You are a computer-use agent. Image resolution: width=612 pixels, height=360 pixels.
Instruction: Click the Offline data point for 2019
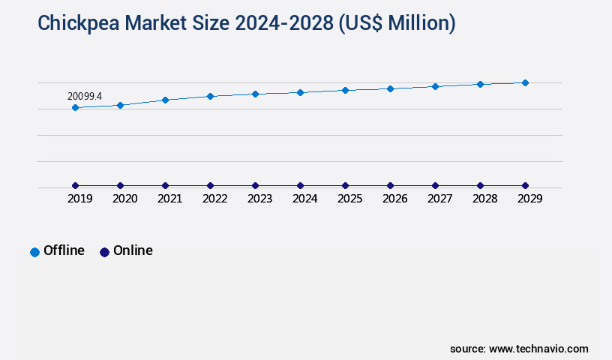coord(75,108)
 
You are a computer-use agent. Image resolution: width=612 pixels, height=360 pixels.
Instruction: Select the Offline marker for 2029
coord(525,82)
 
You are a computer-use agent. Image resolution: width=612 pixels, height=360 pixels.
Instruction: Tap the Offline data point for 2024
coord(300,92)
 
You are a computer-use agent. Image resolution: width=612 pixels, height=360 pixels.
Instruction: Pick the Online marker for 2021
coord(165,185)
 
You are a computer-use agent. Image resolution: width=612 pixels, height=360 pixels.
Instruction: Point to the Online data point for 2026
coord(390,185)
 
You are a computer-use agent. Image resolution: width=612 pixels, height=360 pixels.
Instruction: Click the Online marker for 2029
coord(525,185)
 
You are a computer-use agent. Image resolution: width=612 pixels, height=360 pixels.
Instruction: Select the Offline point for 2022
coord(210,96)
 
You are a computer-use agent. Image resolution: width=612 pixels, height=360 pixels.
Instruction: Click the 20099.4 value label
coord(84,96)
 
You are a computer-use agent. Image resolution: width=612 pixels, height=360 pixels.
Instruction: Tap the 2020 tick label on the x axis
coord(124,199)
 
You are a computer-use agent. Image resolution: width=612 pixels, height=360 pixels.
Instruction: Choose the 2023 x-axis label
coord(259,199)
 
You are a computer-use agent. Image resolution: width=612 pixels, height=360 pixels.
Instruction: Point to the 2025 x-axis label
coord(349,199)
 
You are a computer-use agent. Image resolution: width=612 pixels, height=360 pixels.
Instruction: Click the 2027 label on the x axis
coord(439,199)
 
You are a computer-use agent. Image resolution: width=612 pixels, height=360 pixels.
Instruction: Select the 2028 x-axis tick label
coord(484,199)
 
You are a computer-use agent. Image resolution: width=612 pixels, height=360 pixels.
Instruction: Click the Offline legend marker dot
coord(34,252)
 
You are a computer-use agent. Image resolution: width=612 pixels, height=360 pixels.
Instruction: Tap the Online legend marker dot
coord(104,252)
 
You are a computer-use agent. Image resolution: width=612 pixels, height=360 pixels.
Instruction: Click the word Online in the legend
coord(133,250)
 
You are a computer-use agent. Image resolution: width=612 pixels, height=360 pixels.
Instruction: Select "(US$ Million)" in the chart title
coord(397,24)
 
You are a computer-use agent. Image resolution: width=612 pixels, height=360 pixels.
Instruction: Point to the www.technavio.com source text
coord(538,349)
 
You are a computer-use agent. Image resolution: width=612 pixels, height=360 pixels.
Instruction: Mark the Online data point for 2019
coord(75,185)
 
